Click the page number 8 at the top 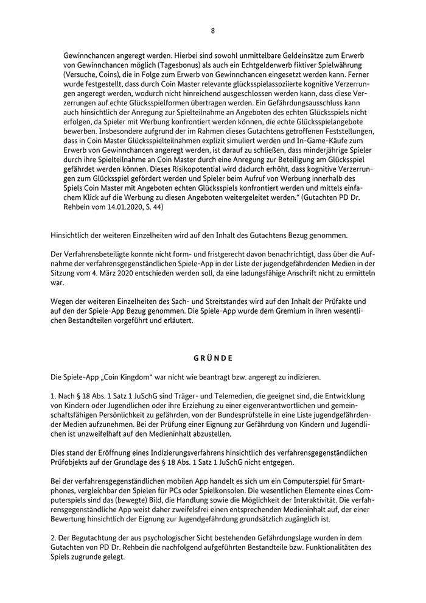pos(212,30)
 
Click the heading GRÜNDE pos(212,357)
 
